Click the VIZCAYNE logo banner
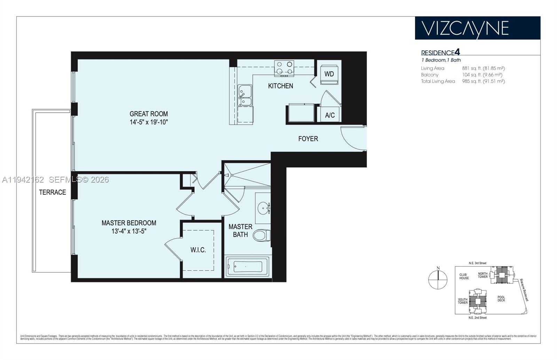point(477,28)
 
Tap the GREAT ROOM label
point(149,114)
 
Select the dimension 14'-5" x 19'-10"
point(149,122)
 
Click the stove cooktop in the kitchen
point(284,68)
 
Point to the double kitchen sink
point(245,95)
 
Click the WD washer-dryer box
point(329,74)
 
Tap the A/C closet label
point(330,115)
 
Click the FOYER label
point(308,139)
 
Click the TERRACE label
point(52,192)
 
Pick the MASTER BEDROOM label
point(129,223)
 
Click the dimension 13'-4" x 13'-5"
point(129,231)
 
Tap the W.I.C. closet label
point(198,250)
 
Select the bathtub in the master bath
point(248,267)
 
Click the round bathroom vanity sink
point(263,209)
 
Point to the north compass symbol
point(438,279)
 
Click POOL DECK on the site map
point(501,299)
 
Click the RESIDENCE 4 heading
point(440,53)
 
